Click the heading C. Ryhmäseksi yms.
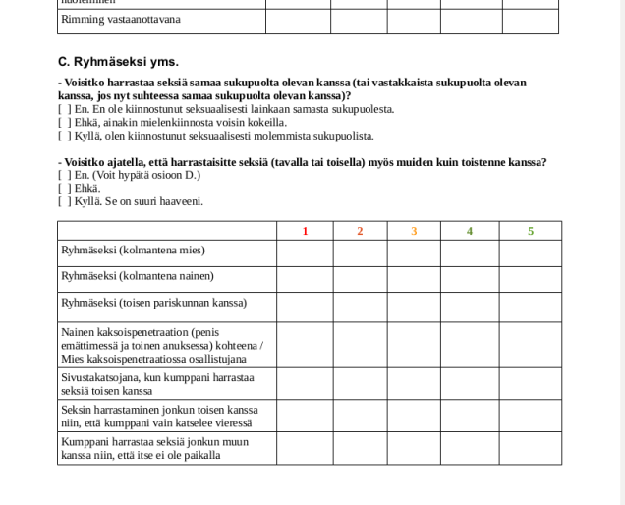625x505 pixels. pyautogui.click(x=118, y=61)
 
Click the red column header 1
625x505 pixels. pyautogui.click(x=305, y=231)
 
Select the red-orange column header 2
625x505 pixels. pyautogui.click(x=360, y=231)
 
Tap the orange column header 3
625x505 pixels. pyautogui.click(x=414, y=231)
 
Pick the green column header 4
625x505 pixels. pyautogui.click(x=470, y=231)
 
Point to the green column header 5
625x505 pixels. pyautogui.click(x=531, y=231)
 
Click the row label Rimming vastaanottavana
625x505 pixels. pyautogui.click(x=121, y=19)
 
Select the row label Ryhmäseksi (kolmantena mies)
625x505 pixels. pyautogui.click(x=133, y=251)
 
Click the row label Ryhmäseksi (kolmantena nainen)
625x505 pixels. pyautogui.click(x=138, y=276)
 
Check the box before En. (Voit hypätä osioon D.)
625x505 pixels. pyautogui.click(x=63, y=175)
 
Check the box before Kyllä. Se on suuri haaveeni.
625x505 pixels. pyautogui.click(x=63, y=200)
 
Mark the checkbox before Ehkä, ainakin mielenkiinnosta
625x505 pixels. pyautogui.click(x=63, y=122)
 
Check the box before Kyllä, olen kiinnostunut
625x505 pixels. pyautogui.click(x=63, y=136)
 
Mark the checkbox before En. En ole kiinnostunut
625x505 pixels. pyautogui.click(x=63, y=109)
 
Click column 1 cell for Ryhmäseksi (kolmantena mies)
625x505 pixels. pyautogui.click(x=305, y=252)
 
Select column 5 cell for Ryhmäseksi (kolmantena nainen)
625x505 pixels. pyautogui.click(x=531, y=278)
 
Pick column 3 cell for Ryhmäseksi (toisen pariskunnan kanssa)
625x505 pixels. pyautogui.click(x=414, y=305)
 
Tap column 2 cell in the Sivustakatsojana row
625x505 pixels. pyautogui.click(x=360, y=383)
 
